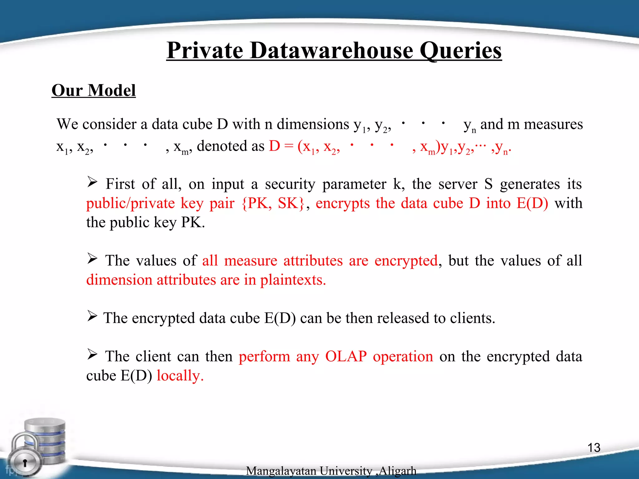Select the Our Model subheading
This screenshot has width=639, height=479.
[94, 90]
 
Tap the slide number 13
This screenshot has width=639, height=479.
[594, 448]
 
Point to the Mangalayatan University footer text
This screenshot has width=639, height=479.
[331, 471]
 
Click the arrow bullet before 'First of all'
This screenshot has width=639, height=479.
[92, 182]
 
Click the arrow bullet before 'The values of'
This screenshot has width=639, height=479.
[92, 259]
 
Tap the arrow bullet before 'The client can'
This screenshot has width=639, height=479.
[92, 354]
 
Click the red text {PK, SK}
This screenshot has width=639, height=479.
[273, 204]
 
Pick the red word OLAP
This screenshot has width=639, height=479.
[346, 356]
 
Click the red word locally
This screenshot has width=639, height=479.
[180, 376]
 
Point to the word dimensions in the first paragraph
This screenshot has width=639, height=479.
[313, 124]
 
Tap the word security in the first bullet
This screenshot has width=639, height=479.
[290, 184]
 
